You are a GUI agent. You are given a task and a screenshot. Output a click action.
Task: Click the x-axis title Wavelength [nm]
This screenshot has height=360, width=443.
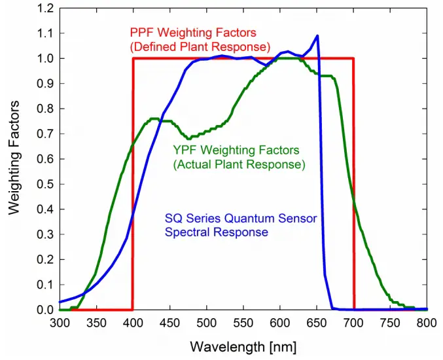click(243, 346)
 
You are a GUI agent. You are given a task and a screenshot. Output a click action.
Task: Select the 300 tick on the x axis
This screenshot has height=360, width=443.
click(60, 323)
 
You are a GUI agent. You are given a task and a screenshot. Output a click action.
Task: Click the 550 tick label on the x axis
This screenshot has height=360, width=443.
click(243, 323)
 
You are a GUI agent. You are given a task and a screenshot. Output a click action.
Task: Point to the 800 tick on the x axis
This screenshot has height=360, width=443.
click(427, 323)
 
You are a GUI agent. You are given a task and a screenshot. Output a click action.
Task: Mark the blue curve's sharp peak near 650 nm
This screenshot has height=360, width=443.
click(317, 36)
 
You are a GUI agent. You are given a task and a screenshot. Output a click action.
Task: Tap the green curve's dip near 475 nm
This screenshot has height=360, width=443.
click(188, 138)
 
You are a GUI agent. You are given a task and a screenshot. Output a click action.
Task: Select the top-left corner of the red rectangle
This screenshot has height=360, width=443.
click(133, 59)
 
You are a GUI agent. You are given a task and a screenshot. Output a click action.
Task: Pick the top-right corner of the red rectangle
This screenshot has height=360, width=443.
click(353, 59)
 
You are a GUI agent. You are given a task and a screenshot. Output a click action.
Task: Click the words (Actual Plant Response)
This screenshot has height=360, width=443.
click(239, 165)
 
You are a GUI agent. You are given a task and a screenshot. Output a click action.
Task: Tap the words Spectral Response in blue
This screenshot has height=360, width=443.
click(216, 232)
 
